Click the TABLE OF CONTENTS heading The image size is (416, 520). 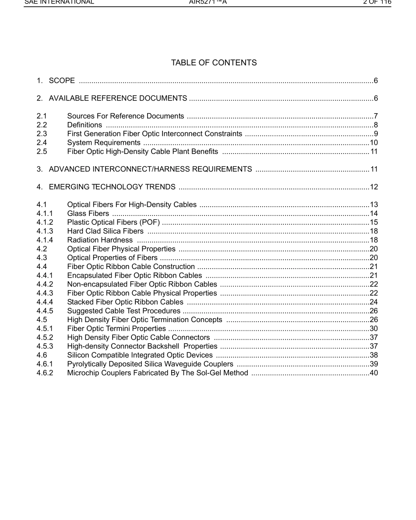(x=214, y=63)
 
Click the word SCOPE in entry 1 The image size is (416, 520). (x=62, y=81)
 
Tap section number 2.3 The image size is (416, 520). (x=42, y=134)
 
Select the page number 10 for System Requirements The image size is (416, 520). (x=374, y=143)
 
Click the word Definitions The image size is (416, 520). (x=85, y=125)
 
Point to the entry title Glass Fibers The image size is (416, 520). (x=88, y=214)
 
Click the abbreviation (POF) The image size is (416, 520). (x=149, y=222)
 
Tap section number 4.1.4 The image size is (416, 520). (x=45, y=240)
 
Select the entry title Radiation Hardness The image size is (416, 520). (x=100, y=240)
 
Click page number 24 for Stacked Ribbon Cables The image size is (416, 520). (x=374, y=302)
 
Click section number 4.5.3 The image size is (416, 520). (x=45, y=346)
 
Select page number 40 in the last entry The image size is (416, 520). (x=374, y=373)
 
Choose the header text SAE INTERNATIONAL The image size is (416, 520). (x=59, y=2)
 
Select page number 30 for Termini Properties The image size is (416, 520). (x=374, y=329)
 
